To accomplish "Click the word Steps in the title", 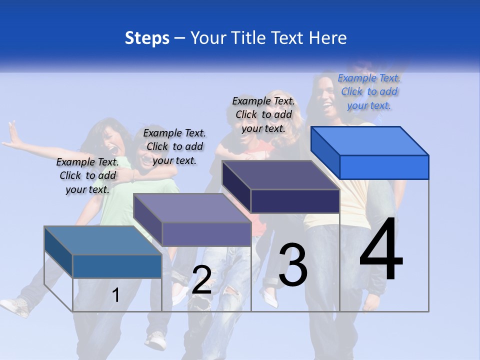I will pyautogui.click(x=147, y=38).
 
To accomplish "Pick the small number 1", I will pyautogui.click(x=116, y=295).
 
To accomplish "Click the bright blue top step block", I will pyautogui.click(x=370, y=152).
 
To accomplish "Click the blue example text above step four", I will pyautogui.click(x=369, y=91).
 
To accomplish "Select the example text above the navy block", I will pyautogui.click(x=263, y=114).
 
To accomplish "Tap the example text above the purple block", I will pyautogui.click(x=174, y=146).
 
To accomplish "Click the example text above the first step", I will pyautogui.click(x=87, y=175).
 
